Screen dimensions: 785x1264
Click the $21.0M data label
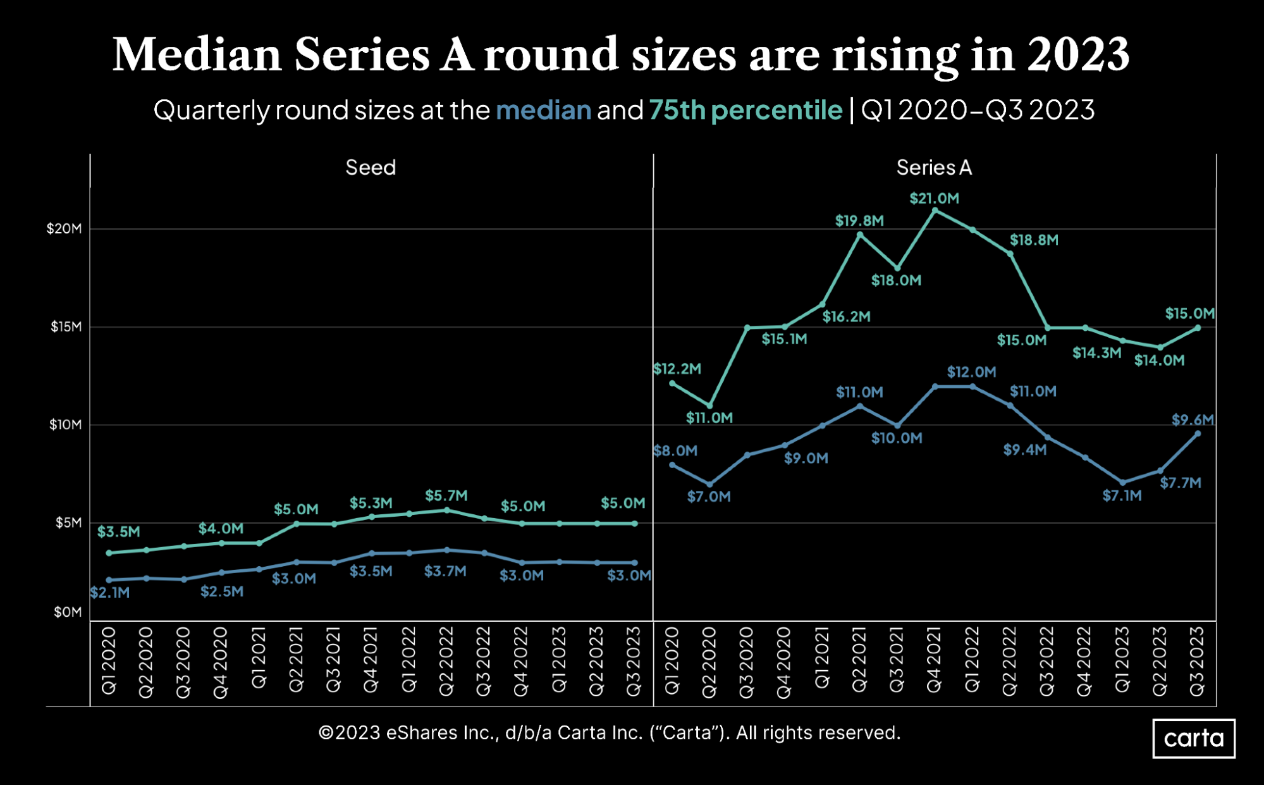coord(934,199)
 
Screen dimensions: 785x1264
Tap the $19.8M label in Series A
coord(859,221)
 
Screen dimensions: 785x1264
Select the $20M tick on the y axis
coord(64,229)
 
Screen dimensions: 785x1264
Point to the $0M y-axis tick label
coord(68,612)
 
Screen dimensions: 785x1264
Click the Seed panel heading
coord(371,168)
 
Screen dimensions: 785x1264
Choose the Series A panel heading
coord(933,168)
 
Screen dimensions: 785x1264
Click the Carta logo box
coord(1193,738)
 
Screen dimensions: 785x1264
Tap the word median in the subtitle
coord(543,111)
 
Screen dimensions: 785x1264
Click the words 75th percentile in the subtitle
coord(745,111)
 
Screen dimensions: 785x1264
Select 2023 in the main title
coord(1077,55)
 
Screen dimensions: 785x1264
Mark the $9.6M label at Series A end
coord(1193,420)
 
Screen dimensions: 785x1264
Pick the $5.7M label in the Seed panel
coord(446,496)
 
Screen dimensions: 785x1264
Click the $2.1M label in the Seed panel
coord(110,593)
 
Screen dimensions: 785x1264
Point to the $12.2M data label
coord(677,369)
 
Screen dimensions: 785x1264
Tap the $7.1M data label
coord(1122,496)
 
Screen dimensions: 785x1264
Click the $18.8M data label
coord(1033,240)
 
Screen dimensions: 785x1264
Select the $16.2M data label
coord(846,317)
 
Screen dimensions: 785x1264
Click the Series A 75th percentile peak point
coord(935,211)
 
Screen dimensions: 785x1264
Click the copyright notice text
coord(609,733)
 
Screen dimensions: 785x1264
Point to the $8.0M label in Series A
coord(675,451)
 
